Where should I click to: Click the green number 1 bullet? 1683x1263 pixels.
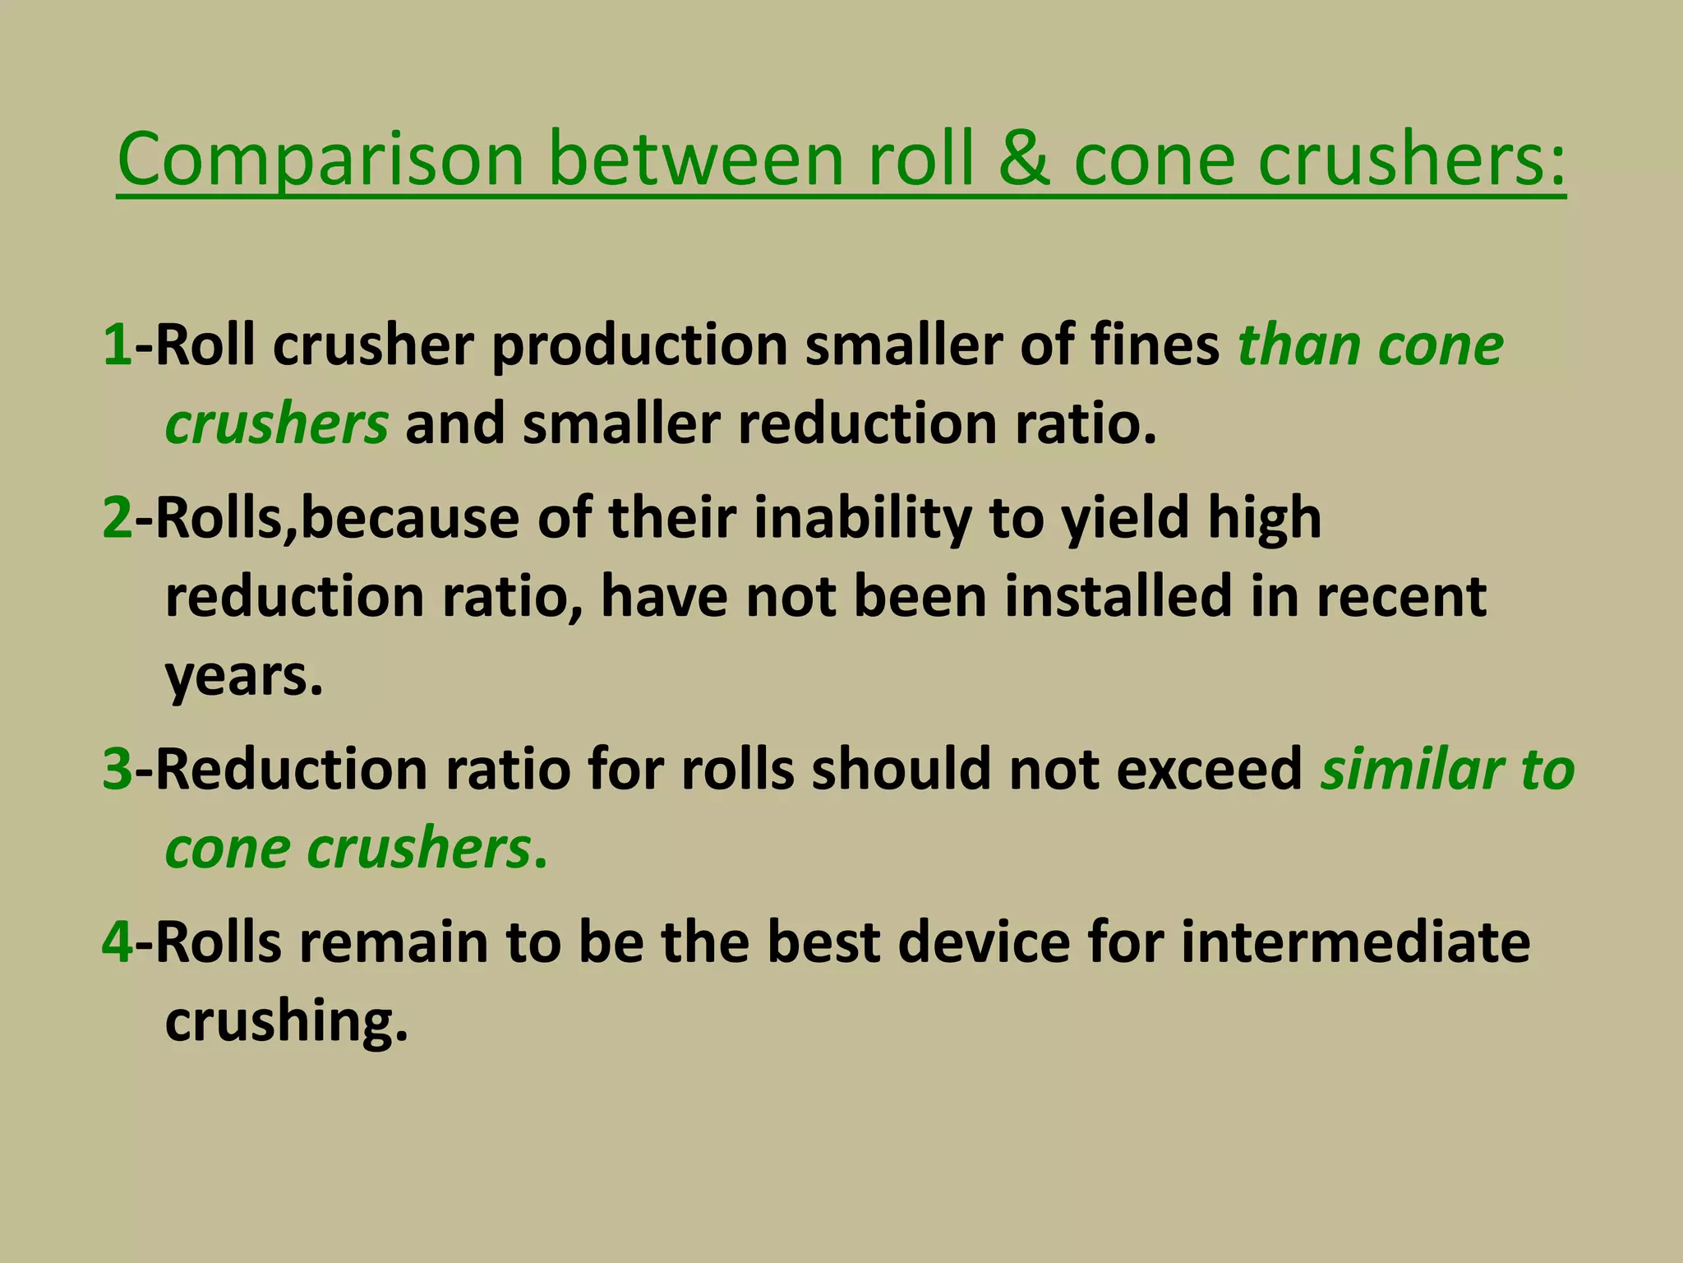click(x=117, y=345)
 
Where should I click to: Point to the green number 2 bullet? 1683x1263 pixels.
click(x=117, y=518)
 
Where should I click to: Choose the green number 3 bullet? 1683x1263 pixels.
click(x=117, y=770)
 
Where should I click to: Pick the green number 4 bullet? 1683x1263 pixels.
click(x=117, y=942)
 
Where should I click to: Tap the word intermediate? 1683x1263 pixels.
click(x=1355, y=942)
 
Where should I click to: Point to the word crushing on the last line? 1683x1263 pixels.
click(x=286, y=1023)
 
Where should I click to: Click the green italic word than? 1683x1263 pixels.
click(x=1298, y=345)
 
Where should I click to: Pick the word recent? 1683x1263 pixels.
click(x=1402, y=597)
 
